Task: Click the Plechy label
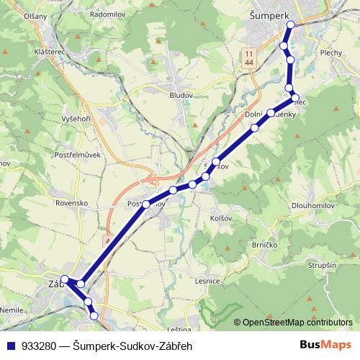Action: tap(332, 53)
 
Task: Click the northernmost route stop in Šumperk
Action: tap(291, 25)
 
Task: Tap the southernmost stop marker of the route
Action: tap(94, 315)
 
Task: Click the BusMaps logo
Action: tap(326, 345)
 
